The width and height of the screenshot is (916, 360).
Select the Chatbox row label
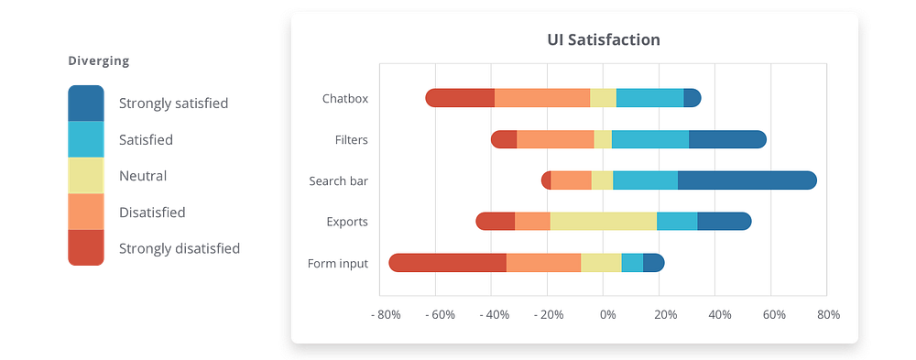345,99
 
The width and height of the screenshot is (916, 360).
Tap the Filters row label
352,140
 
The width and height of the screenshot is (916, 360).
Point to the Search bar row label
338,180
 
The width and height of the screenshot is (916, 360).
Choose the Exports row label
347,222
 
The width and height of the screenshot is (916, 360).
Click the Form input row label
338,264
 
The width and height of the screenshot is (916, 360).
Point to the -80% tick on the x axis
386,315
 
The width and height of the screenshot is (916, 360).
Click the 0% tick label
607,315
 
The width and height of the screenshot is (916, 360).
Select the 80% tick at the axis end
828,315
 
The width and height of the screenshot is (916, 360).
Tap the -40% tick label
496,315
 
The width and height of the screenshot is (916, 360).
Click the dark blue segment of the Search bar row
744,180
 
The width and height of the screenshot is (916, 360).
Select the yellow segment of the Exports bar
604,221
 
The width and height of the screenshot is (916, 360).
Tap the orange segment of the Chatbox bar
542,98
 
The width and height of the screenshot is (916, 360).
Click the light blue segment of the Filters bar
650,139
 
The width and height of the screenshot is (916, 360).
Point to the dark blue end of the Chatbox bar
692,98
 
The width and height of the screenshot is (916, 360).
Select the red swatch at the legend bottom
86,247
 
